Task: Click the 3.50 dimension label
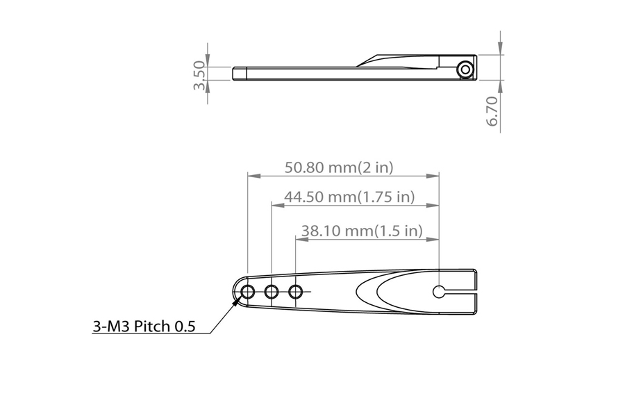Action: [200, 74]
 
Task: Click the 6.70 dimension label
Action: [492, 111]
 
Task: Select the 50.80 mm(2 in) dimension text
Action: [339, 167]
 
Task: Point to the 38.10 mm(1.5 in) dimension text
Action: [362, 231]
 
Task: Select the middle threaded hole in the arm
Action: [272, 292]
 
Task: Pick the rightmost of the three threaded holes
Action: [296, 292]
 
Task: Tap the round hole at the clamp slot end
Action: [439, 292]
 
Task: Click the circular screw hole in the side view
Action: [465, 69]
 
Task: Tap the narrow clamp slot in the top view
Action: [461, 292]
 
